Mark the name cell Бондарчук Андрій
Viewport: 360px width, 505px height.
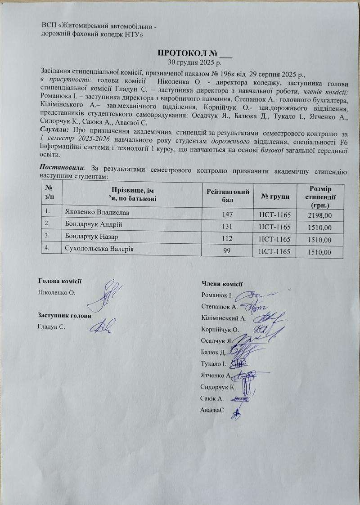[87, 224]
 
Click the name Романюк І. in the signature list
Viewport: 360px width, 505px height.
[217, 295]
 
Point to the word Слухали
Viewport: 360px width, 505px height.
[54, 129]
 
